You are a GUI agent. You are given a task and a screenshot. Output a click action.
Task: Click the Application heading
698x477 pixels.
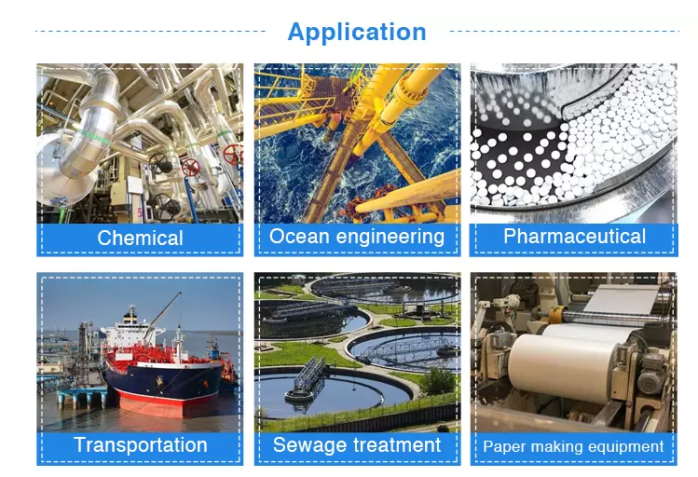click(357, 33)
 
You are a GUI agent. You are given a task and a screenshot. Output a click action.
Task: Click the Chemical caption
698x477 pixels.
click(140, 238)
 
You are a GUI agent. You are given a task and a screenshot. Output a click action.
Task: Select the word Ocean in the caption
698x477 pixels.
click(299, 237)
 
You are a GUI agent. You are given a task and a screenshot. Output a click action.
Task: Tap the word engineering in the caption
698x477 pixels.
click(390, 238)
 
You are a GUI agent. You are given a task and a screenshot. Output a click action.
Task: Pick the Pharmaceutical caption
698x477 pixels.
click(574, 237)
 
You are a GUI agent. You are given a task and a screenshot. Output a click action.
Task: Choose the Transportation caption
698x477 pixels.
click(141, 445)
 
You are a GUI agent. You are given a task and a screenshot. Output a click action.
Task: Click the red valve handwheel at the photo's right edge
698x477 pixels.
click(234, 155)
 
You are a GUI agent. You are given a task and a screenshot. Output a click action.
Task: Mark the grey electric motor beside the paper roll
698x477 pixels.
click(651, 381)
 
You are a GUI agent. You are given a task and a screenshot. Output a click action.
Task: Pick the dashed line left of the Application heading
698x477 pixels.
click(150, 31)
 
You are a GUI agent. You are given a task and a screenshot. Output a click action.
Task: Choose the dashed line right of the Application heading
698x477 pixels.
click(565, 31)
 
